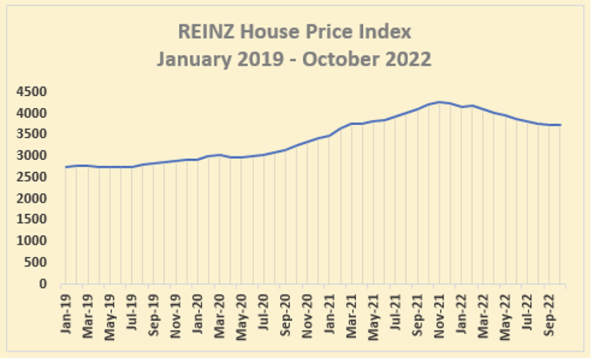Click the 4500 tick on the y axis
point(31,91)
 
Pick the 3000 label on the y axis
point(31,155)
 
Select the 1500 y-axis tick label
point(31,219)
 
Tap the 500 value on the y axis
point(35,263)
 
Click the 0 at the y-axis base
point(43,283)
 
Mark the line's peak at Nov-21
point(439,102)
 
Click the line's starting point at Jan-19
point(66,167)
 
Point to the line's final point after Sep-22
point(561,125)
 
